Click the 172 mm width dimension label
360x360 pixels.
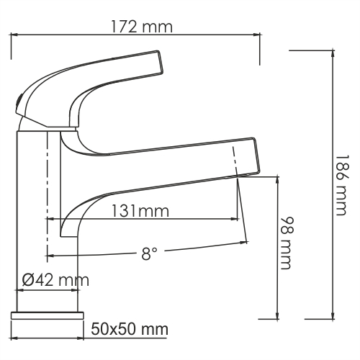coord(142,27)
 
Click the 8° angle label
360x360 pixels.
coord(149,254)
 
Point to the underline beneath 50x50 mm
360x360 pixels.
coord(128,338)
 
